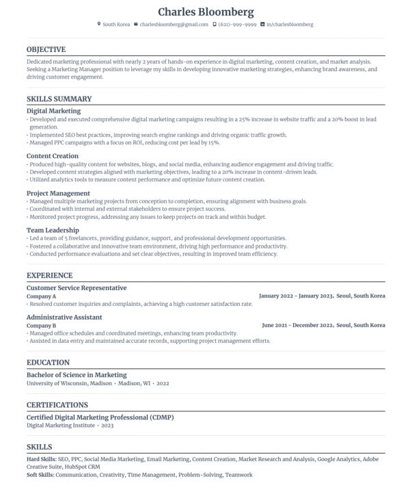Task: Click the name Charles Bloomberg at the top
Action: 206,12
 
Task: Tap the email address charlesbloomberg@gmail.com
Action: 174,25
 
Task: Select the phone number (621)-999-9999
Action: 238,25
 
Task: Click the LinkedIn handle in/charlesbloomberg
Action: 290,25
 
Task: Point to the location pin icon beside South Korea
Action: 99,25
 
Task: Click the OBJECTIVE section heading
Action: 46,49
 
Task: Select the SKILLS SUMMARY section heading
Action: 59,99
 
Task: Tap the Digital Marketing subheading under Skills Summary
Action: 53,110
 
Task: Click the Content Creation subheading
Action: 53,156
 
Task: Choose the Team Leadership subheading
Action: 53,230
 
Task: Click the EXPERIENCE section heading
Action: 49,276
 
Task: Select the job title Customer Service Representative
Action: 77,288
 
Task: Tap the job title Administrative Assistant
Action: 64,317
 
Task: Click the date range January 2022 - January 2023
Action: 296,296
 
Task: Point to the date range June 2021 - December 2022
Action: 297,326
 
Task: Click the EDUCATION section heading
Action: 48,363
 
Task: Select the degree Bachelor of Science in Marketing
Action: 77,375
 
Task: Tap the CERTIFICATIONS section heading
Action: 57,404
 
